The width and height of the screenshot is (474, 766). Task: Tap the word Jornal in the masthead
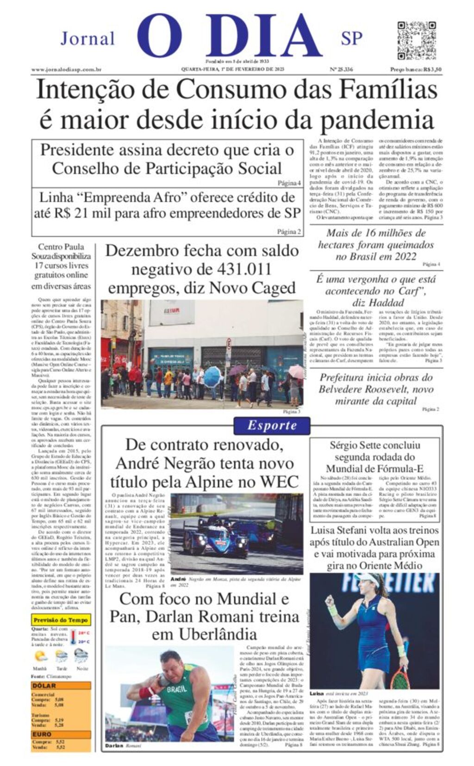tap(87, 39)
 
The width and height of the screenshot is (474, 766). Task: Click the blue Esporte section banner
tap(272, 425)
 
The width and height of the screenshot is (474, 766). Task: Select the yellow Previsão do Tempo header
tap(61, 619)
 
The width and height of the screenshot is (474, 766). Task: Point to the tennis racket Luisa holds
tap(399, 675)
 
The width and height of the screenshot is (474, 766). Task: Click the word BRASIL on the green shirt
tap(177, 689)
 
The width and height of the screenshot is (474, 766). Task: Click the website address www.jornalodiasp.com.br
tap(66, 70)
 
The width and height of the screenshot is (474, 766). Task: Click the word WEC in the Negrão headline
tap(280, 482)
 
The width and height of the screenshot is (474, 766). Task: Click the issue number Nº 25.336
tap(341, 70)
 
